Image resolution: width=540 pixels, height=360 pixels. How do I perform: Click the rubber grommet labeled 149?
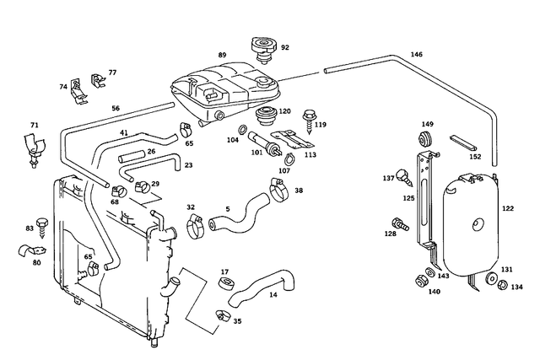coord(427,139)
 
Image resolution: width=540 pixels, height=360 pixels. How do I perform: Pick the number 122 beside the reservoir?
coord(507,207)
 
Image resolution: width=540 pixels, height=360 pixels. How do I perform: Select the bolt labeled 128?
coord(398,225)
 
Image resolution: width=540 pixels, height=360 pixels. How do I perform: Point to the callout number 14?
coord(273,295)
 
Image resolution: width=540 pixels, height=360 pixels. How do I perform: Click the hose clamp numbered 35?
coord(221,316)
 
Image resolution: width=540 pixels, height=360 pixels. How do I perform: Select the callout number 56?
coord(116,108)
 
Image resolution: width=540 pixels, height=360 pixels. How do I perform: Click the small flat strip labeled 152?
coord(464,143)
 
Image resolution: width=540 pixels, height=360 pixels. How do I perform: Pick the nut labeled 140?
coord(420,279)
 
